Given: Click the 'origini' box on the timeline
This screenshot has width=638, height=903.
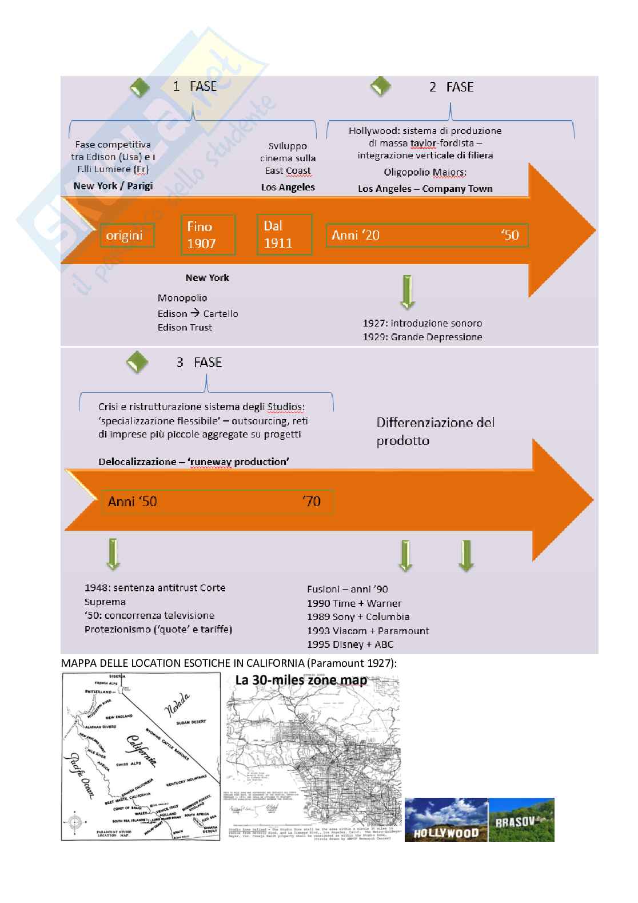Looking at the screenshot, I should [x=127, y=235].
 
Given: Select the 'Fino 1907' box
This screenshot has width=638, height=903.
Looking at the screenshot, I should [x=208, y=234].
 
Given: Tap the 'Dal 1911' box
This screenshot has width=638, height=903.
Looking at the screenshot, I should [x=284, y=234].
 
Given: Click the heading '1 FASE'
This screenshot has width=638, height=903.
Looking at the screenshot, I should [x=194, y=86].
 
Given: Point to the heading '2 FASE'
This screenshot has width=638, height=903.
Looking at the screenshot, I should [x=451, y=87].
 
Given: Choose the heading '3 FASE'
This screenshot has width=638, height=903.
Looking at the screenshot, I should [x=198, y=363].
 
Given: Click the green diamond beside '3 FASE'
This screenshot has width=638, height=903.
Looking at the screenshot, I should [x=137, y=362].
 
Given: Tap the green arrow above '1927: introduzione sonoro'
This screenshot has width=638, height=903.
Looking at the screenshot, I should [x=408, y=292].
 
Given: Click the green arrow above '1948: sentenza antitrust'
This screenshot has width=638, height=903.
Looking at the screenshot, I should [x=113, y=554].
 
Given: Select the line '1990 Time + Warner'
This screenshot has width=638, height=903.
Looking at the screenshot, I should [x=354, y=603].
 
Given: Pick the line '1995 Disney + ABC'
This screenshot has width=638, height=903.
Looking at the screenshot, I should [x=350, y=645].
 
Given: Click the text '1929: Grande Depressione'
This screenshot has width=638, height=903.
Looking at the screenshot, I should [x=422, y=337].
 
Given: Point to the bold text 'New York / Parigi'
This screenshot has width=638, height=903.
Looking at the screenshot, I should [x=113, y=186].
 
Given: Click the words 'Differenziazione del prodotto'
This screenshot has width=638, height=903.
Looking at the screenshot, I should [x=435, y=431].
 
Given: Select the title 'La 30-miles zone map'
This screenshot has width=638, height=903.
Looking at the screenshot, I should [x=301, y=680].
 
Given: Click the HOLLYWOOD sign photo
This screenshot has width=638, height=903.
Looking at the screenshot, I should [x=446, y=820].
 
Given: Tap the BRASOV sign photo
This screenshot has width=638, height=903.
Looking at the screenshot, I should [x=521, y=820].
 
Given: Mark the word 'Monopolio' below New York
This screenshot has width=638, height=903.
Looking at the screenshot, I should [x=182, y=298].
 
